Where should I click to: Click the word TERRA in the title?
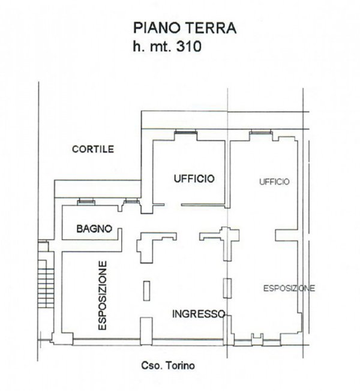211,28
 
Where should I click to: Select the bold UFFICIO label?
194,178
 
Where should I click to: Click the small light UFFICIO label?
275,181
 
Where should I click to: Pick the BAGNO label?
95,228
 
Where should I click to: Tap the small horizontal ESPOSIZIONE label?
289,288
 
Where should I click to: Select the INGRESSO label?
199,314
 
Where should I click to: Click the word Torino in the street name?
182,366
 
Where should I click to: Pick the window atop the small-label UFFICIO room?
259,133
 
